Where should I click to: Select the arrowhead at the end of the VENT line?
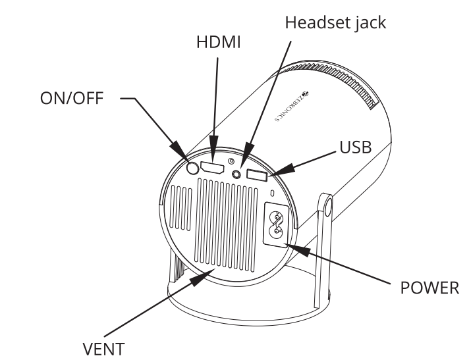pyautogui.click(x=200, y=278)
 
